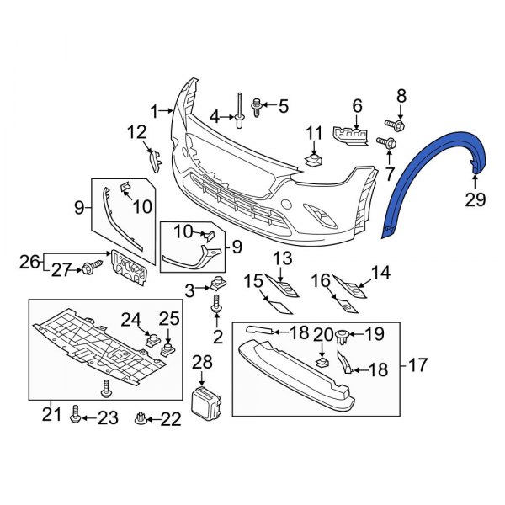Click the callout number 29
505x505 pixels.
coord(476,199)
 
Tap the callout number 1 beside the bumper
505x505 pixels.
coord(155,110)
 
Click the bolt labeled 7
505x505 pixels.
coord(389,144)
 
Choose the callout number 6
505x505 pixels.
coord(357,106)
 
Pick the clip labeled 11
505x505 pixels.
coord(314,157)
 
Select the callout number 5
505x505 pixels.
coord(283,107)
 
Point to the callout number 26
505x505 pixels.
coord(29,261)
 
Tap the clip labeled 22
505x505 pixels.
coord(141,417)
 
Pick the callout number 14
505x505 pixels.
coord(382,272)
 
